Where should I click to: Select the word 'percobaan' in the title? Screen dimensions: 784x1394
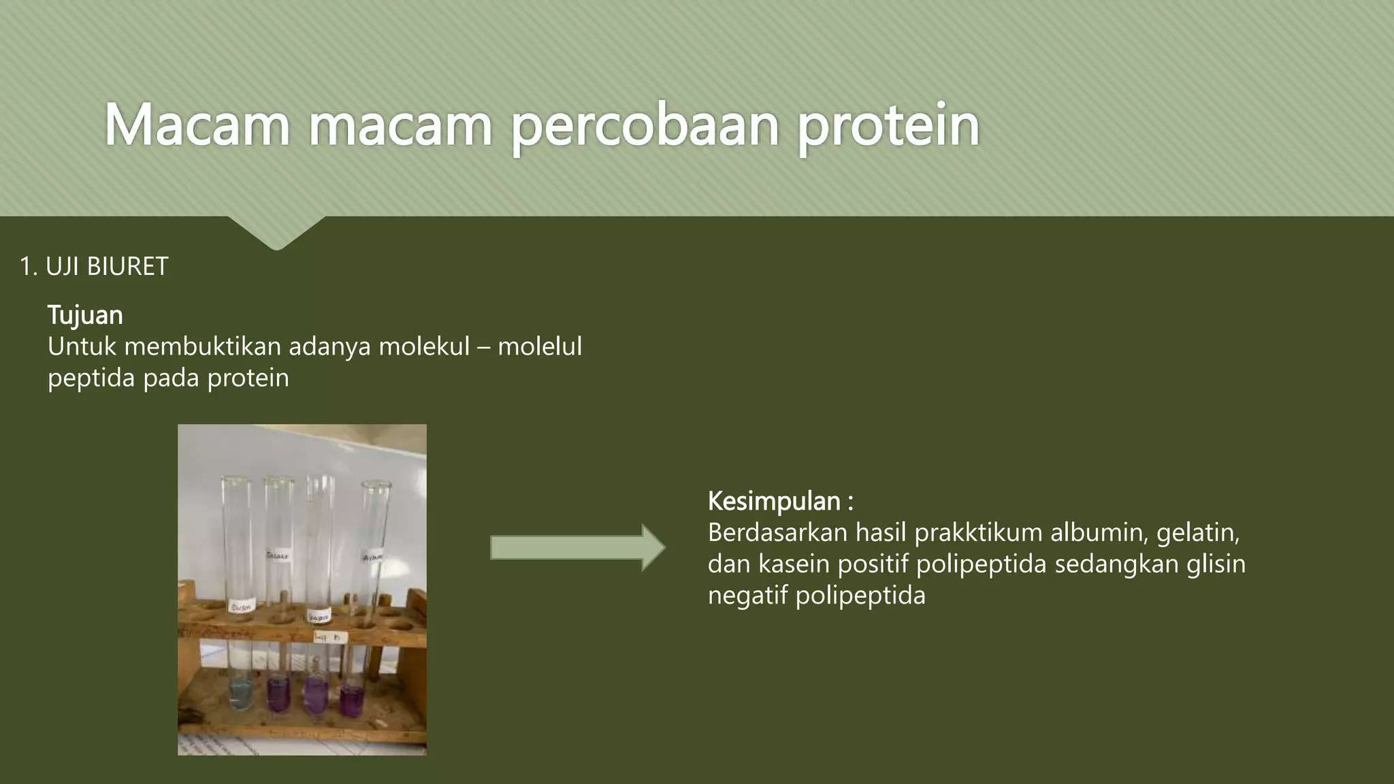(x=645, y=126)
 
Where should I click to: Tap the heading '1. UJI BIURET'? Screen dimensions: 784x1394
(x=94, y=267)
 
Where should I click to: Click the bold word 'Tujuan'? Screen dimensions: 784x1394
(x=85, y=316)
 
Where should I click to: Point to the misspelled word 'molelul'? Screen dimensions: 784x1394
(x=540, y=347)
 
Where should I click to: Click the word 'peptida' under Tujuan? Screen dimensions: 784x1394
(x=91, y=378)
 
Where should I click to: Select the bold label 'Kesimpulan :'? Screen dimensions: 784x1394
(x=781, y=502)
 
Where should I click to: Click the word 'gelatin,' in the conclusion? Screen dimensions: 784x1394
(x=1198, y=533)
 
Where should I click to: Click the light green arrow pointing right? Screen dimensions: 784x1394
(x=577, y=548)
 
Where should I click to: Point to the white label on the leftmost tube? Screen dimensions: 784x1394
(x=242, y=605)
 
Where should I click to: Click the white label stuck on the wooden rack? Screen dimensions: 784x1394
(x=330, y=638)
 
